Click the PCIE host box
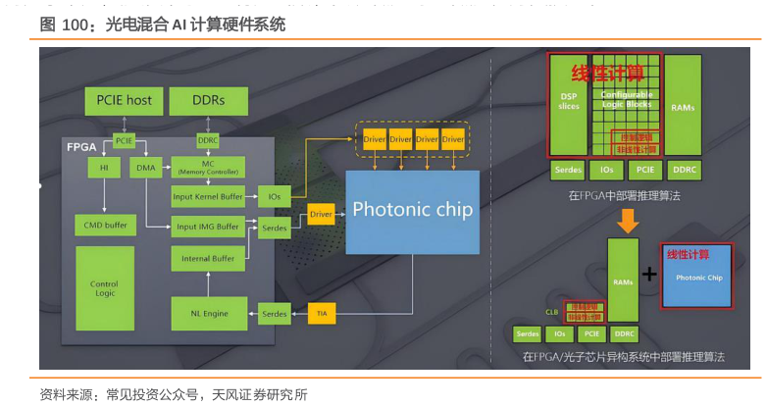tap(125, 100)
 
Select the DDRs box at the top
tap(208, 100)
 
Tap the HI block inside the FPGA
tap(103, 168)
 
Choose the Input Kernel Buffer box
tap(208, 196)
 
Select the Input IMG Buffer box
tap(208, 227)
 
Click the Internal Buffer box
tap(208, 259)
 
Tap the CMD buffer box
tap(104, 225)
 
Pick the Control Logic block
tap(104, 287)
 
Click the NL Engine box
tap(208, 314)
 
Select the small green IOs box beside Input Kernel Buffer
tap(274, 196)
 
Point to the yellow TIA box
tap(321, 314)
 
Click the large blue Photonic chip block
tap(412, 210)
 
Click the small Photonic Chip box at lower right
tap(699, 277)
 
